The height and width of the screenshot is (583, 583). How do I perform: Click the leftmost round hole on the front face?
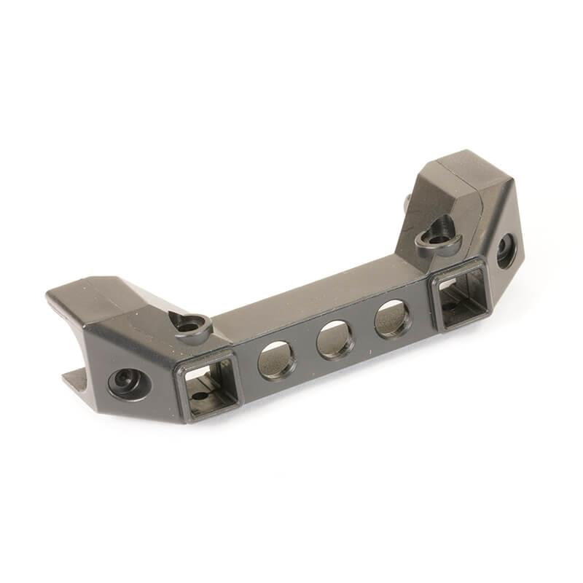pos(277,360)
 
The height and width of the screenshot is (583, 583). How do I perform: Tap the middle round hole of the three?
pos(335,339)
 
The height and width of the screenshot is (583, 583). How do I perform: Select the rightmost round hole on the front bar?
pos(393,319)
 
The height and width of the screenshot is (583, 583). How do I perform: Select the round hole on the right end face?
pos(506,252)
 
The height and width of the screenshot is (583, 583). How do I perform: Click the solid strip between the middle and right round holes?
pos(364,330)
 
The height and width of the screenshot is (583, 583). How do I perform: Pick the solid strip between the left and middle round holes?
pos(306,351)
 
